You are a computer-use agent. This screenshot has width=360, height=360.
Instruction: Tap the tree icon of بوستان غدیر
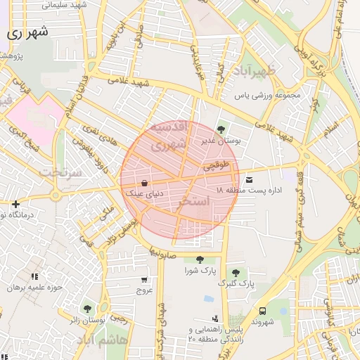click(x=221, y=129)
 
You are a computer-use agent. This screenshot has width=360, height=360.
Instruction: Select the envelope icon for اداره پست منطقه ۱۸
click(x=250, y=180)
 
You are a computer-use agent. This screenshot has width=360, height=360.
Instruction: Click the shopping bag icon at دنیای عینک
click(x=144, y=183)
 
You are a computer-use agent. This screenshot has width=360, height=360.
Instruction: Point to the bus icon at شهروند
click(x=262, y=310)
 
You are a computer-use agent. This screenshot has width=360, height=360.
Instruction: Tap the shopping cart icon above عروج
click(x=144, y=279)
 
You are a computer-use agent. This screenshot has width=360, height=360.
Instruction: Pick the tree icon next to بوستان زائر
click(x=87, y=309)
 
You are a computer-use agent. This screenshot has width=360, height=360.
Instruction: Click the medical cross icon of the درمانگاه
click(x=15, y=204)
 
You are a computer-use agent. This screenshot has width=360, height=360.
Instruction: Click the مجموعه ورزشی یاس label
click(x=268, y=94)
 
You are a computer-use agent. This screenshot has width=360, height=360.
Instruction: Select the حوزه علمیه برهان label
click(x=32, y=287)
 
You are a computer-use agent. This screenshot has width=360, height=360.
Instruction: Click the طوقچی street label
click(x=217, y=167)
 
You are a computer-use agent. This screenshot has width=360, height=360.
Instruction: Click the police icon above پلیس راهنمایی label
click(x=224, y=319)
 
